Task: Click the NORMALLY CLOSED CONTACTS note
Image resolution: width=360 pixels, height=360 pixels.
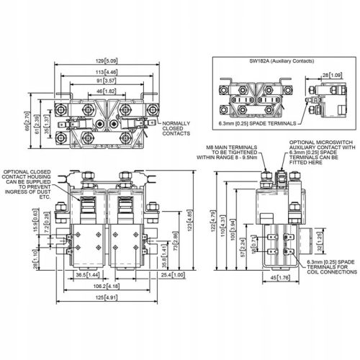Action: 177,129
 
